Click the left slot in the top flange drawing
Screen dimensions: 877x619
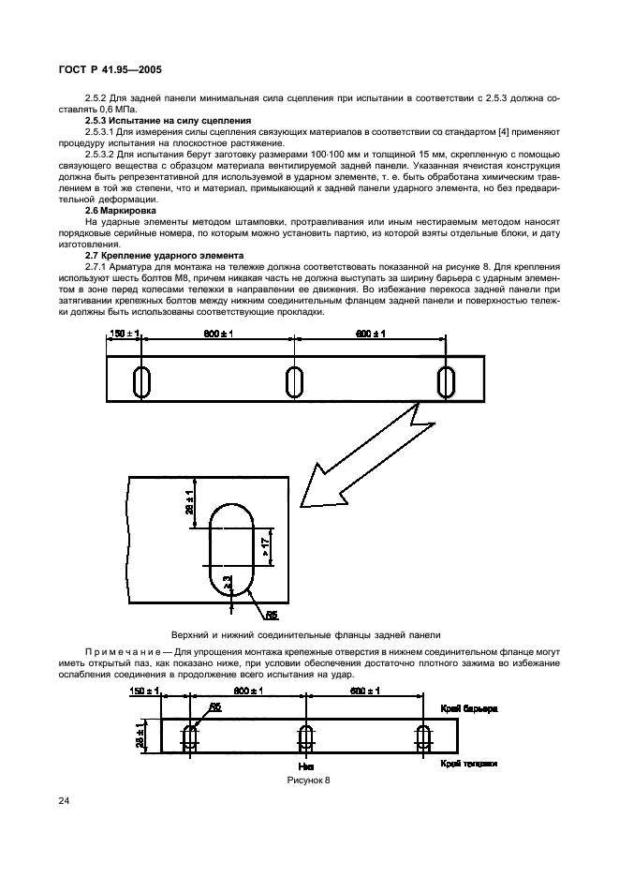pyautogui.click(x=143, y=382)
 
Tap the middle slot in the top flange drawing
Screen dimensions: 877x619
pyautogui.click(x=294, y=382)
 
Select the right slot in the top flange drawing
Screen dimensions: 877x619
pyautogui.click(x=447, y=382)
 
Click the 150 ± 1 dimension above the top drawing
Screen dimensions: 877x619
pyautogui.click(x=125, y=335)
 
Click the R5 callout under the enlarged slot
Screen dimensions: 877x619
pyautogui.click(x=272, y=616)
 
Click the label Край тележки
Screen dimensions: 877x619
pyautogui.click(x=466, y=764)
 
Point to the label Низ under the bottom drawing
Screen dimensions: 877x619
pyautogui.click(x=305, y=766)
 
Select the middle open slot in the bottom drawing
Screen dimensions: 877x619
pyautogui.click(x=305, y=737)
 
